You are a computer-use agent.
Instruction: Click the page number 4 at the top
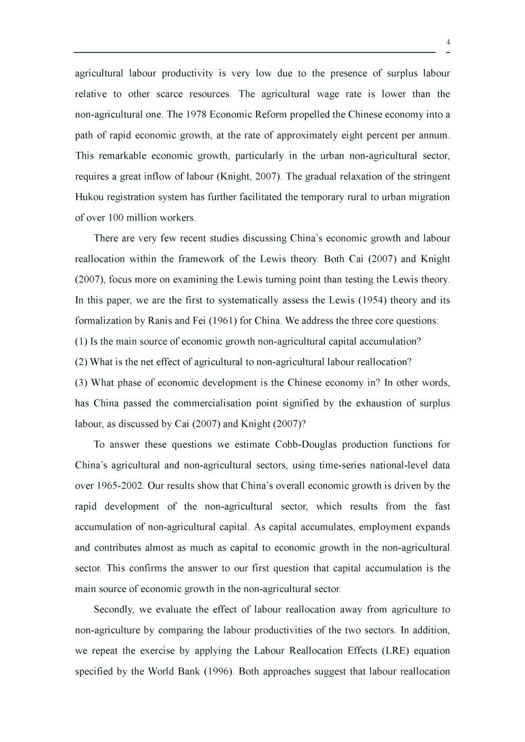[x=448, y=42]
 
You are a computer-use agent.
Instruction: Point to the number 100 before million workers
[x=116, y=218]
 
